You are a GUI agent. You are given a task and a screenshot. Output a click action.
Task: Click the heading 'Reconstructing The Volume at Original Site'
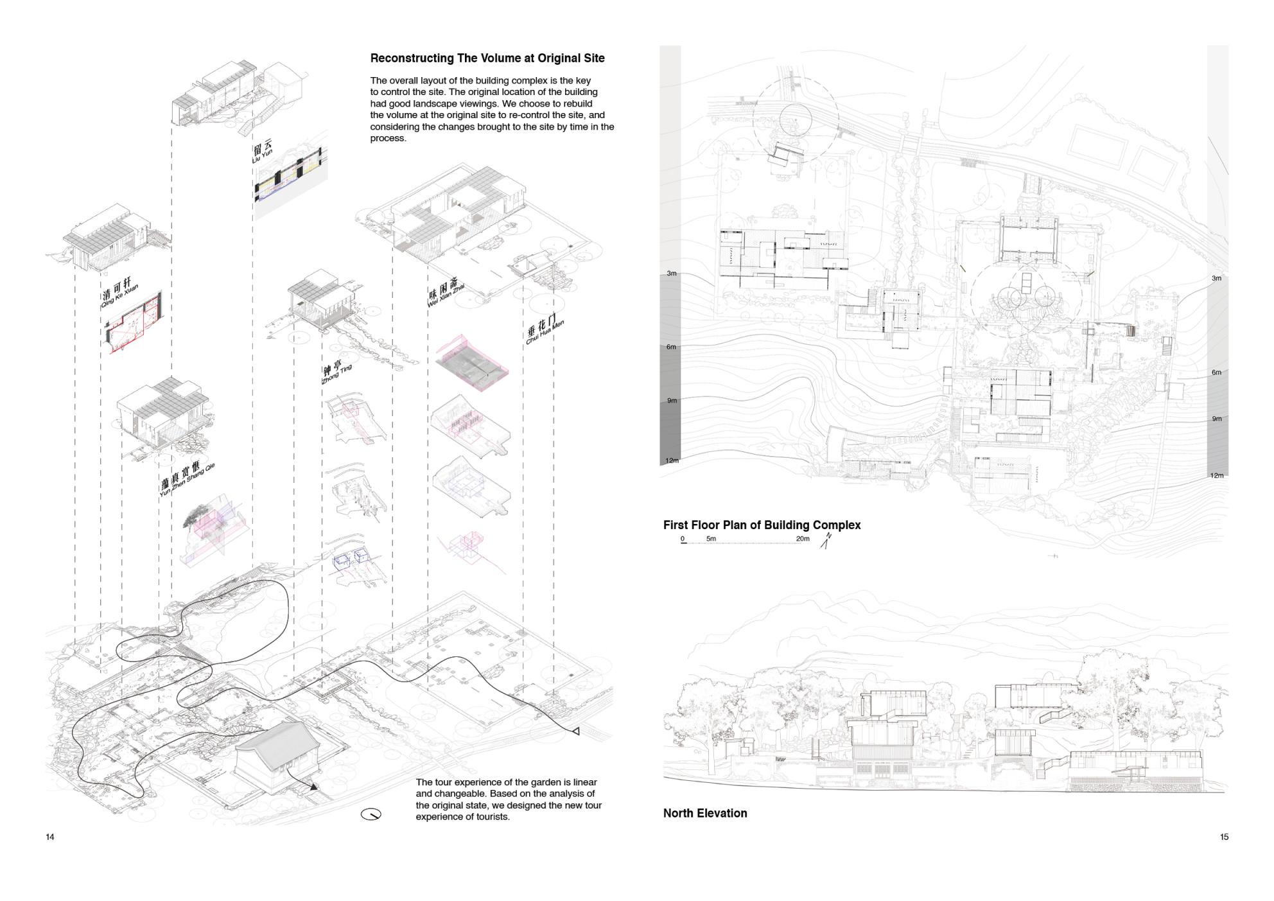coord(487,58)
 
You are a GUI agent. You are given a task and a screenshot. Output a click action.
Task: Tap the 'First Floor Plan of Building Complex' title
coord(762,525)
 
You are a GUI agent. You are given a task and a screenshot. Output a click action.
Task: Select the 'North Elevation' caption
coord(705,813)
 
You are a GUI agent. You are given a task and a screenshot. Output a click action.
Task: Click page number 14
coord(50,837)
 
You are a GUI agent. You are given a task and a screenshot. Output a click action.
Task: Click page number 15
coord(1224,837)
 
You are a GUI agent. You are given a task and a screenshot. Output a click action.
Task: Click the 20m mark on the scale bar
coord(803,539)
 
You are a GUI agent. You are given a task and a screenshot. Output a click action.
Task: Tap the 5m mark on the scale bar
coord(711,539)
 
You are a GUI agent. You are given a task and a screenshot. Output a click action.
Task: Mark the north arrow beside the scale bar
coord(826,541)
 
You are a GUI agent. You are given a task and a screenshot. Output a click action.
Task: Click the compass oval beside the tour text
coord(371,814)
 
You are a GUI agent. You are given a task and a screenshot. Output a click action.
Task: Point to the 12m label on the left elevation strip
coord(672,460)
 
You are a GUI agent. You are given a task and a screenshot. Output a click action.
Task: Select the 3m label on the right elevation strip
coord(1216,278)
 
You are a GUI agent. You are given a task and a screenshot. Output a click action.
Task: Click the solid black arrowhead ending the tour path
coord(313,787)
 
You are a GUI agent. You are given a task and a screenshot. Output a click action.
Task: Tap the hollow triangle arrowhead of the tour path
coord(575,731)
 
